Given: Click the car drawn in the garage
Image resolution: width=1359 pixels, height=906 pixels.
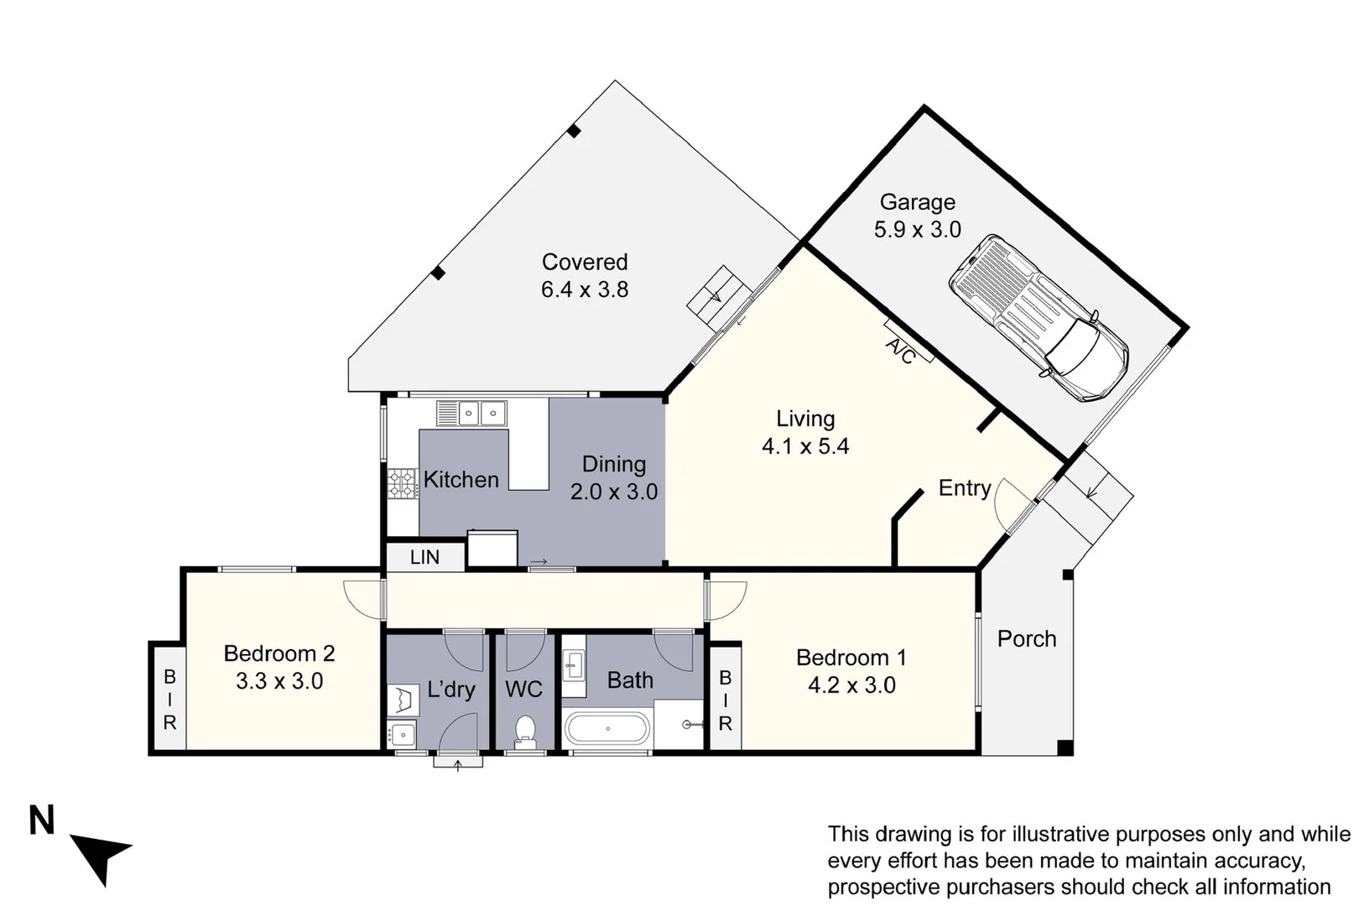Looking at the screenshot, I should click(x=1039, y=317).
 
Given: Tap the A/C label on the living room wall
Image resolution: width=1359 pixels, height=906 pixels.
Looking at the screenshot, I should click(x=901, y=351).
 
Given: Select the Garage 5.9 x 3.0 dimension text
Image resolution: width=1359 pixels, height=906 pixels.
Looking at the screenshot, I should click(x=917, y=229).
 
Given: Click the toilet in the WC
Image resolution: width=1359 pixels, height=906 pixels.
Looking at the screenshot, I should click(x=525, y=731).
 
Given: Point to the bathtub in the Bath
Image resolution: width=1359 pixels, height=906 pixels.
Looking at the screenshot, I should click(x=607, y=729).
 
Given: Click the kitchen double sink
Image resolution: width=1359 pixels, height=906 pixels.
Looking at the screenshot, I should click(x=481, y=413).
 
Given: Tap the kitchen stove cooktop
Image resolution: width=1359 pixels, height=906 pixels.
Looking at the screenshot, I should click(x=402, y=483).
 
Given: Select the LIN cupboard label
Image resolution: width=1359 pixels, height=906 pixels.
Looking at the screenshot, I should click(x=424, y=557).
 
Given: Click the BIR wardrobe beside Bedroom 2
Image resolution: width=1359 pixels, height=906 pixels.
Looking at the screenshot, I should click(x=169, y=699).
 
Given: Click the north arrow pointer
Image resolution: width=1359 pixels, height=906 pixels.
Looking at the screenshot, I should click(x=102, y=854).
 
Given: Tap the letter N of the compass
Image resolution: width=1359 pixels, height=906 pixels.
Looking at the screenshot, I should click(x=42, y=820).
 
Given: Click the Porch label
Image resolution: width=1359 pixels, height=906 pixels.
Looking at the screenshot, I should click(x=1026, y=638).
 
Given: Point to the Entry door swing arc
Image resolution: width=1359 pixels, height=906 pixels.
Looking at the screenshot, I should click(x=1009, y=503).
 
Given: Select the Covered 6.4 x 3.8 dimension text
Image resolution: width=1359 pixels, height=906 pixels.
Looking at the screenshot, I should click(x=584, y=289).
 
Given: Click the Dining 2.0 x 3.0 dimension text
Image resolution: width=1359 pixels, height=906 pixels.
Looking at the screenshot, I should click(x=613, y=492).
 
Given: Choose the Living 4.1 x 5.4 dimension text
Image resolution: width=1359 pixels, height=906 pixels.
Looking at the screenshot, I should click(x=804, y=446).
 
